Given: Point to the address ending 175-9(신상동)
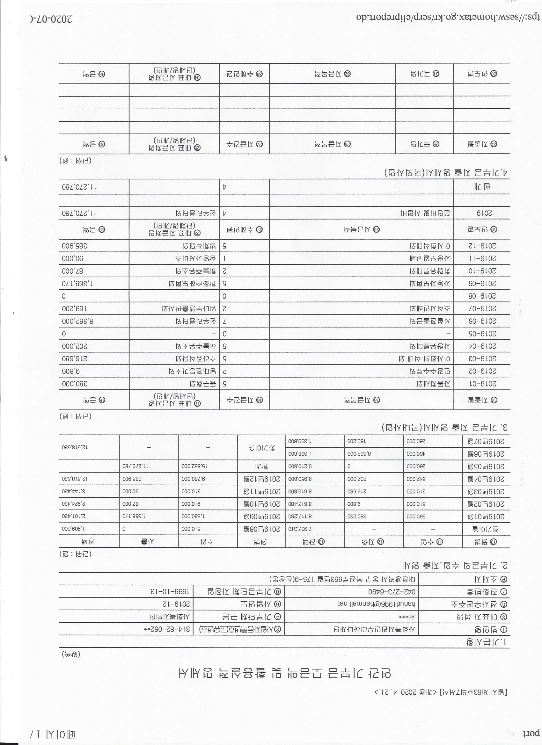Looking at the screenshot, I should tap(343, 578).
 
